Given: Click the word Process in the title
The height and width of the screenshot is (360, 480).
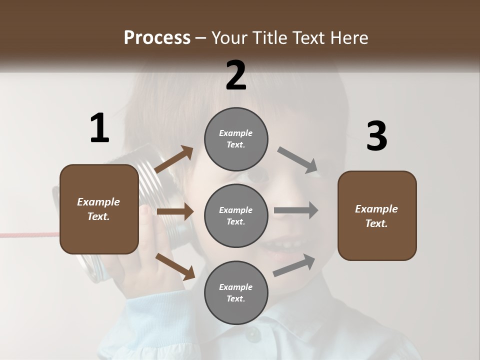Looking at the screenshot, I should click(x=157, y=37).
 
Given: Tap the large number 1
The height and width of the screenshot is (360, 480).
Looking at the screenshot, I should click(x=99, y=128).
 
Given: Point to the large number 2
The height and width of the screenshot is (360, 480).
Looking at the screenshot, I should click(x=236, y=75).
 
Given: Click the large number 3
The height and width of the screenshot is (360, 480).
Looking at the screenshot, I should click(x=376, y=136).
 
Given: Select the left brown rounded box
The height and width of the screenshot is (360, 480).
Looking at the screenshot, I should click(x=99, y=209).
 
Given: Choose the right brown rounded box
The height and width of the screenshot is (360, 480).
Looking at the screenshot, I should click(x=377, y=215).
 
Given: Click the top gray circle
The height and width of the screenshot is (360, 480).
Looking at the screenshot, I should click(x=236, y=139).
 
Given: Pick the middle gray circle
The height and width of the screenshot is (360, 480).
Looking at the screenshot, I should click(x=236, y=215).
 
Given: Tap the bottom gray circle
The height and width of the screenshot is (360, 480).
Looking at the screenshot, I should click(x=236, y=292).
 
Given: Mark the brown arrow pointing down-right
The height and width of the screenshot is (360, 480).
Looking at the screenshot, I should click(x=175, y=266).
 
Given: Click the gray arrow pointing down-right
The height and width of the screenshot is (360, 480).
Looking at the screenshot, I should click(x=298, y=160).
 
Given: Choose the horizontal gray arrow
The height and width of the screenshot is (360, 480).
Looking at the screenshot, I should click(x=296, y=210).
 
